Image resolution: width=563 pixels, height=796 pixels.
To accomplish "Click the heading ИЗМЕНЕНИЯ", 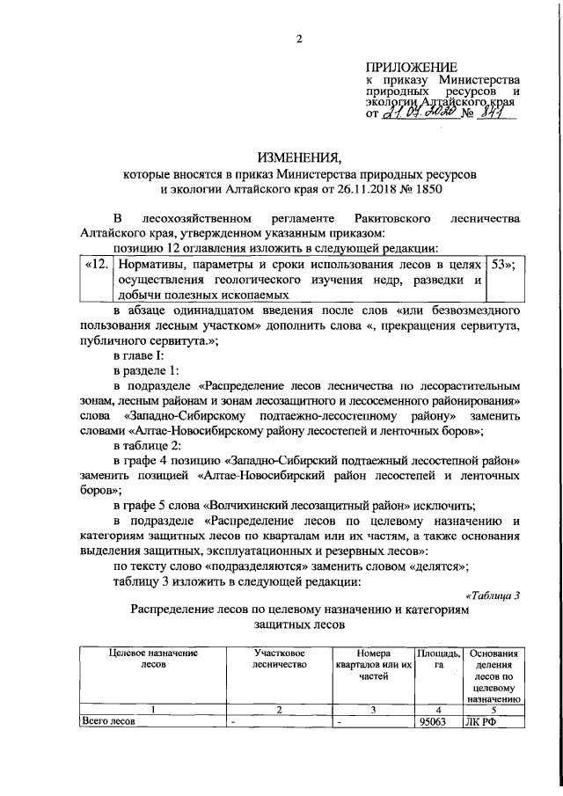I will pos(298,158).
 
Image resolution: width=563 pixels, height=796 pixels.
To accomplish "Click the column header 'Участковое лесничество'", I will pos(279,660).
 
